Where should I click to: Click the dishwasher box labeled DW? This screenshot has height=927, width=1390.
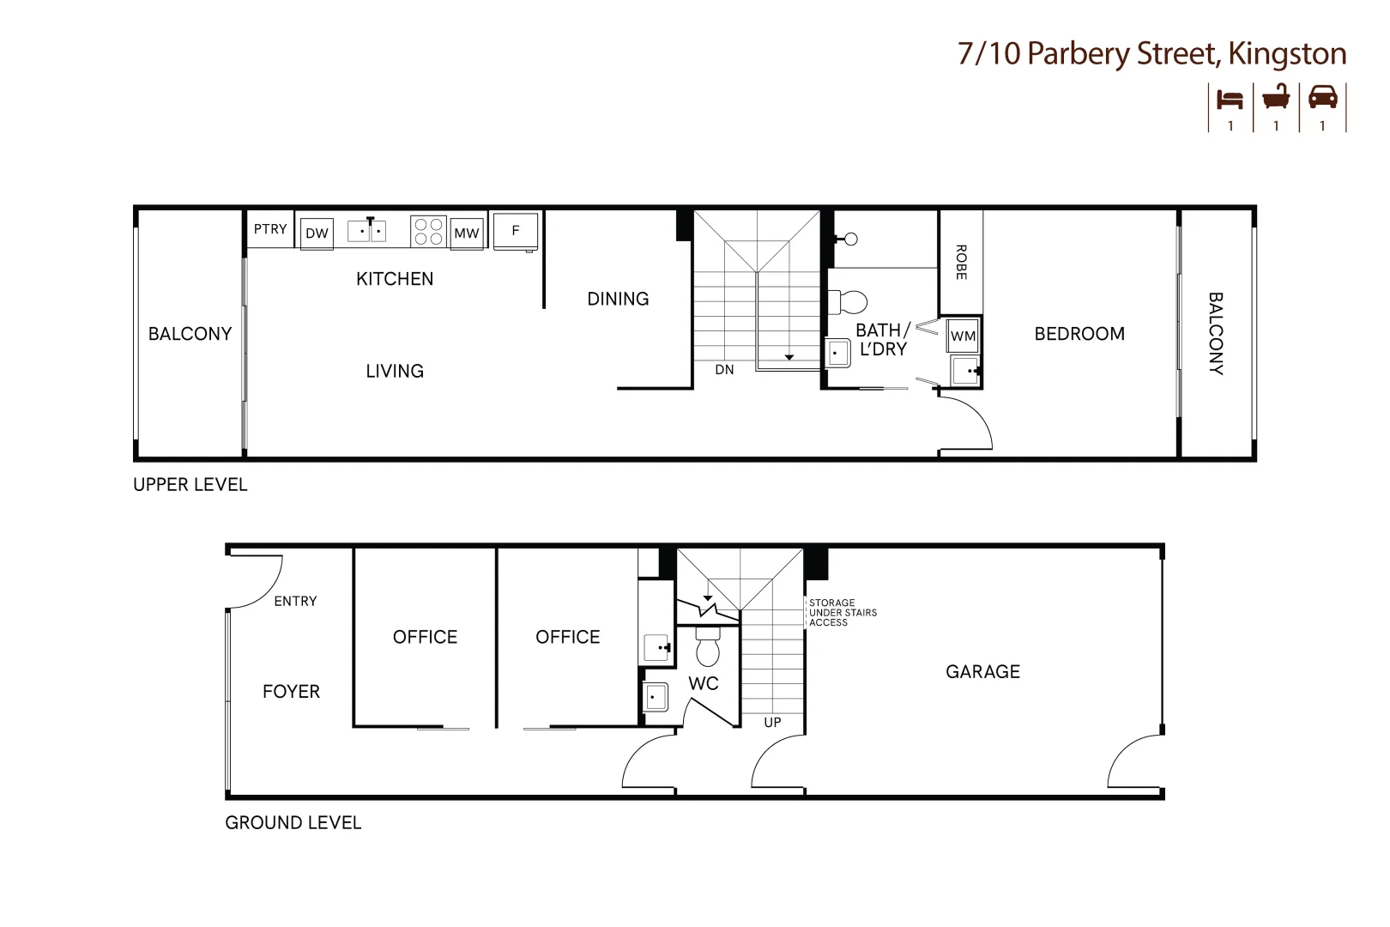click(x=317, y=233)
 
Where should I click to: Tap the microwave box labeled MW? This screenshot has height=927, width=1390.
click(x=467, y=233)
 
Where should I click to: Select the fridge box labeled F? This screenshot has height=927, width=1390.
click(x=516, y=231)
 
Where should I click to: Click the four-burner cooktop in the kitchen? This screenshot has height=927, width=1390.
click(x=428, y=231)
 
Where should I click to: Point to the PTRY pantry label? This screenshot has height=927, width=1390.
click(x=270, y=229)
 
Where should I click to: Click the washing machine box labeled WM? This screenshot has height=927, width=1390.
click(x=963, y=336)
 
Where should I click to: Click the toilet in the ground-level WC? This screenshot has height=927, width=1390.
click(x=708, y=647)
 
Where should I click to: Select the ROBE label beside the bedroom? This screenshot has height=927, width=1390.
click(x=961, y=263)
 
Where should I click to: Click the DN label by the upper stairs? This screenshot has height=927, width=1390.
click(x=724, y=370)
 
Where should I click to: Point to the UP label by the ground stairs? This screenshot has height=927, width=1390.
click(x=772, y=723)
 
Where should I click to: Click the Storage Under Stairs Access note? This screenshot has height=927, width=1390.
click(x=843, y=613)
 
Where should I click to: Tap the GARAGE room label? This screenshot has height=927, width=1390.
click(x=982, y=672)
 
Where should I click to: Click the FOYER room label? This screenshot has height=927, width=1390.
click(x=291, y=692)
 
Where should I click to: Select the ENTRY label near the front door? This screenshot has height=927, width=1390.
click(x=295, y=602)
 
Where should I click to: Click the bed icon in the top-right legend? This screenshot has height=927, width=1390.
click(x=1230, y=99)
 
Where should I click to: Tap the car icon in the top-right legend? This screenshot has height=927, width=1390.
click(x=1322, y=97)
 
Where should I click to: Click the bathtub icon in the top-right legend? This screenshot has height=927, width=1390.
click(x=1276, y=97)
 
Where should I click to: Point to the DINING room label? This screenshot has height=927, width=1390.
click(x=618, y=300)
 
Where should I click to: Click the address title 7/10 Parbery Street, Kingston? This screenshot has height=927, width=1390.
click(x=1151, y=54)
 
